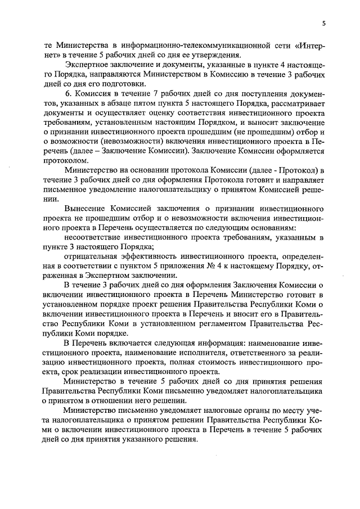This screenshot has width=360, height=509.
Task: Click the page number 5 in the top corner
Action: pos(324,23)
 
